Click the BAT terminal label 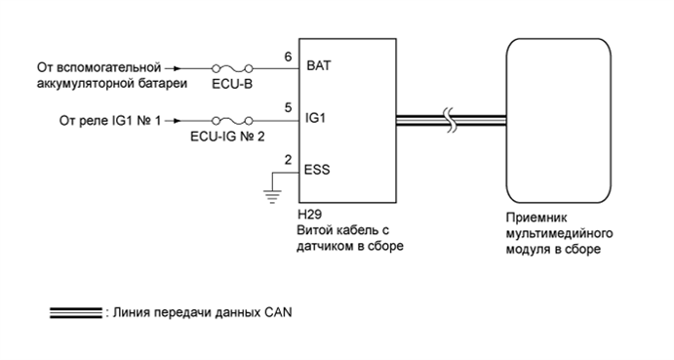click(319, 68)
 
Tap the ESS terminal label click(318, 169)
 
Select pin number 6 click(288, 58)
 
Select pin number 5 click(288, 107)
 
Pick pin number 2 click(288, 158)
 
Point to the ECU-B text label click(231, 86)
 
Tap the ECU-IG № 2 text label click(230, 137)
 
